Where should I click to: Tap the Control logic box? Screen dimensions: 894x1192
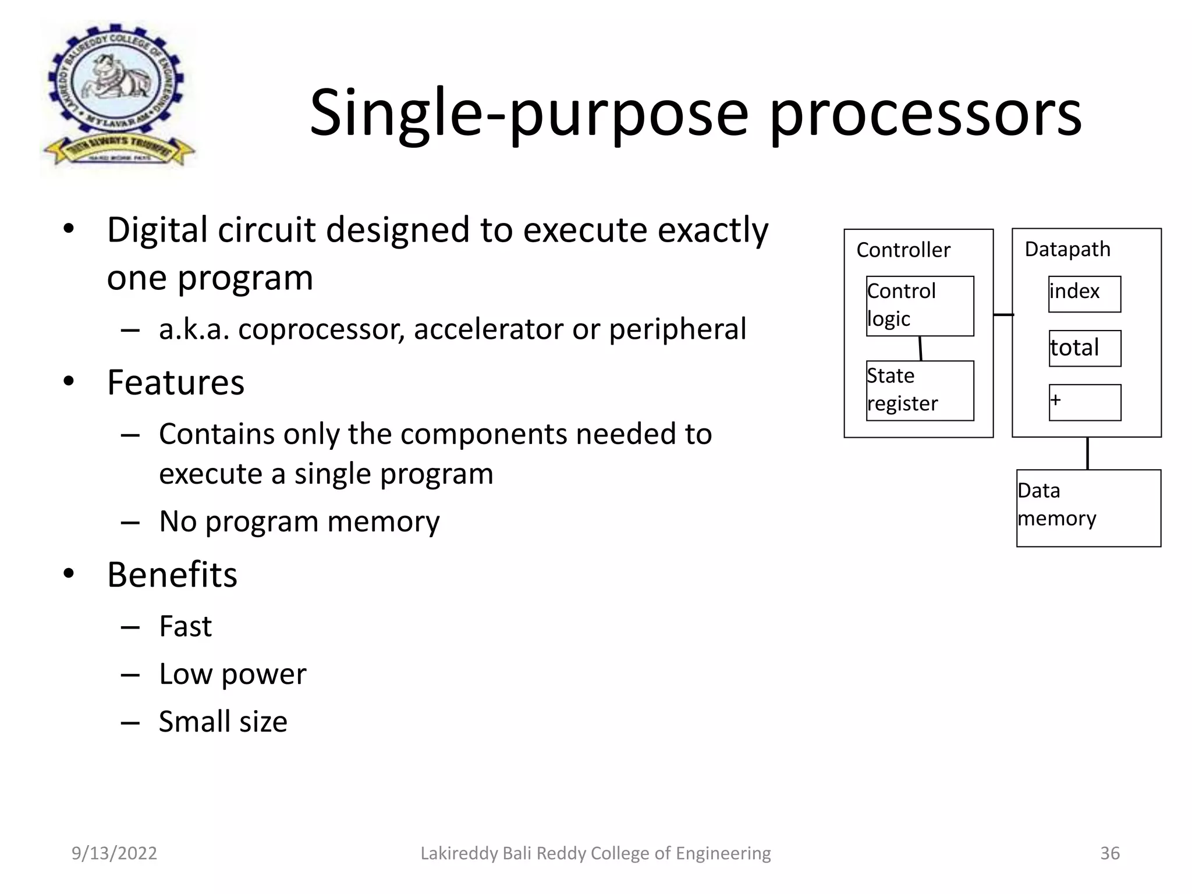click(x=920, y=306)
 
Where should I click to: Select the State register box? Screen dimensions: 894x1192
click(x=920, y=391)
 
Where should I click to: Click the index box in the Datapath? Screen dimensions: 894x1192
click(x=1084, y=294)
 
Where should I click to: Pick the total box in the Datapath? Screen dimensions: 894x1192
click(x=1085, y=348)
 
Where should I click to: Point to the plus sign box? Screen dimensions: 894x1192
click(x=1085, y=402)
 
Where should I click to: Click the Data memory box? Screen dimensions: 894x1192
click(x=1088, y=508)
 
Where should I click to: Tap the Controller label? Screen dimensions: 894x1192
click(x=903, y=250)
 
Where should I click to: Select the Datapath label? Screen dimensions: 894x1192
click(x=1067, y=249)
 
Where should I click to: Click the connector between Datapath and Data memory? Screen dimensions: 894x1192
click(x=1087, y=453)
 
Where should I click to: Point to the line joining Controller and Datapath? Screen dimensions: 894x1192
click(x=1003, y=315)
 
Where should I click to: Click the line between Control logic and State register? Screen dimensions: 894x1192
click(x=920, y=348)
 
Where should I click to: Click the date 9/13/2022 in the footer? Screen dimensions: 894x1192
click(x=114, y=853)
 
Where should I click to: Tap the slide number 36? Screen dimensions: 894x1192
click(x=1109, y=853)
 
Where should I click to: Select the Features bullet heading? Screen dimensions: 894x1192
click(x=176, y=382)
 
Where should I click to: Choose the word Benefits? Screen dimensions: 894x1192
click(x=172, y=574)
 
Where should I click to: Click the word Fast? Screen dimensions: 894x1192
click(x=185, y=626)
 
